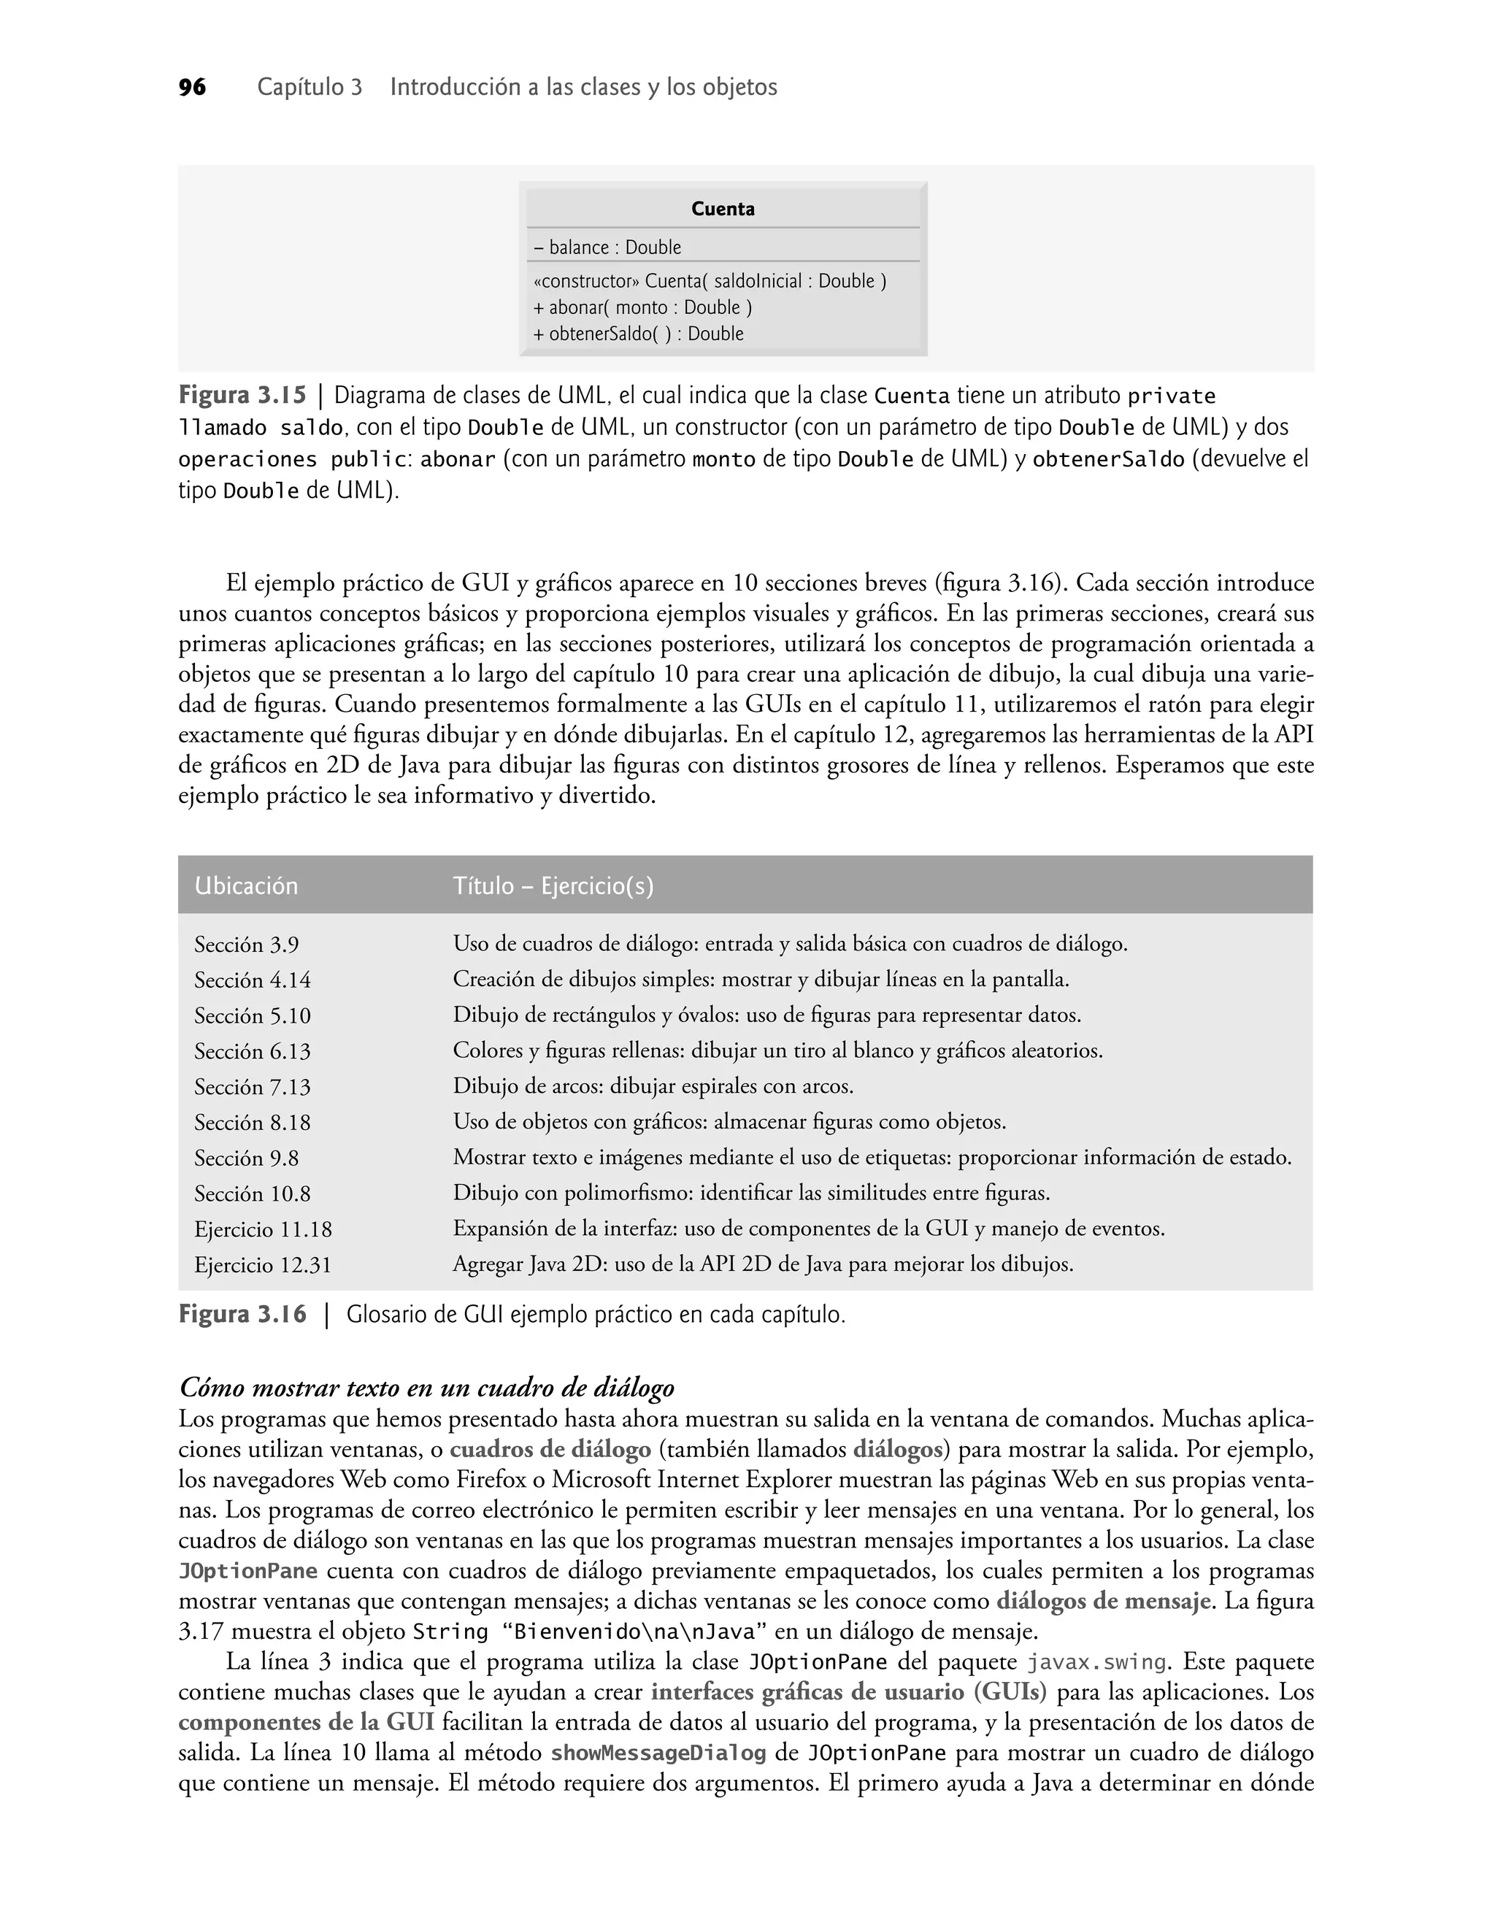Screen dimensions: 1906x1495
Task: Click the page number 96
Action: pyautogui.click(x=192, y=88)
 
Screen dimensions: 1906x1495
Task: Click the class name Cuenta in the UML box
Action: pyautogui.click(x=722, y=210)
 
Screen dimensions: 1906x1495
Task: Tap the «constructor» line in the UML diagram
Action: pyautogui.click(x=709, y=281)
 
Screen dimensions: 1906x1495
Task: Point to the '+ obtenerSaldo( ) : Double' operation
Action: pyautogui.click(x=638, y=334)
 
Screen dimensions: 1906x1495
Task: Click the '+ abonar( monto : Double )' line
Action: pyautogui.click(x=642, y=307)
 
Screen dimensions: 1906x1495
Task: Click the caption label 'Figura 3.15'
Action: pyautogui.click(x=242, y=396)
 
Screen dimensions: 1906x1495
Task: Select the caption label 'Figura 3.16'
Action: pyautogui.click(x=242, y=1315)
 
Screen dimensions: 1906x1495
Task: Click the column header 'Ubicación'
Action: pyautogui.click(x=246, y=886)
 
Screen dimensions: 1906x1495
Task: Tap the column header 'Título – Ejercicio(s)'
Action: pyautogui.click(x=553, y=886)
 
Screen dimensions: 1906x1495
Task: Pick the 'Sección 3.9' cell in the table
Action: pyautogui.click(x=246, y=945)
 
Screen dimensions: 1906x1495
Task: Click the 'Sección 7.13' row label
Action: pyautogui.click(x=252, y=1087)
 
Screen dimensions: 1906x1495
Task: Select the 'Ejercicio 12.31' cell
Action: pyautogui.click(x=263, y=1265)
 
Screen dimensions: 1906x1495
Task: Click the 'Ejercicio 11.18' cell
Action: pyautogui.click(x=263, y=1229)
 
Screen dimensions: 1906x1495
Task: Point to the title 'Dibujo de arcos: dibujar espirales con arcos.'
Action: pyautogui.click(x=652, y=1087)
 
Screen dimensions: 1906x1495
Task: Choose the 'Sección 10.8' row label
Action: pyautogui.click(x=252, y=1194)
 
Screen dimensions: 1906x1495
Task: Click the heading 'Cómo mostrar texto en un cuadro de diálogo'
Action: pyautogui.click(x=426, y=1388)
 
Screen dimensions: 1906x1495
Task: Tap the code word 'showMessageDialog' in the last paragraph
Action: pyautogui.click(x=658, y=1753)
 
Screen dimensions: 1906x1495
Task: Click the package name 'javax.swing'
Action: pyautogui.click(x=1096, y=1663)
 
